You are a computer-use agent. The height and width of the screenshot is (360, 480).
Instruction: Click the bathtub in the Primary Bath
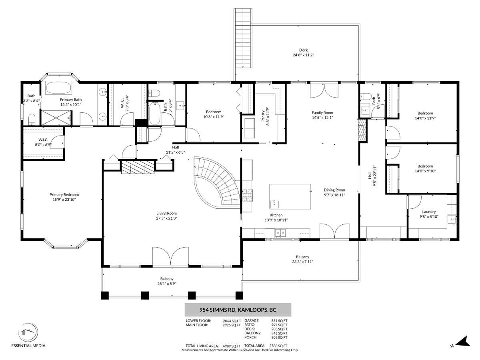(59, 88)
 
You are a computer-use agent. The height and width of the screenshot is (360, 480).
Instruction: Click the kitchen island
(290, 196)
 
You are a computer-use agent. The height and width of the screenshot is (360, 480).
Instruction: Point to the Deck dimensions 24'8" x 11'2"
(303, 55)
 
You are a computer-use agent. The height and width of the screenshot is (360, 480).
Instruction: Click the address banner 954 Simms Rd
(238, 310)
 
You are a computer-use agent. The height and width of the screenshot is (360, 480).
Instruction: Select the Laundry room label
(429, 212)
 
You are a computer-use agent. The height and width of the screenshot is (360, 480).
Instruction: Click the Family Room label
(322, 112)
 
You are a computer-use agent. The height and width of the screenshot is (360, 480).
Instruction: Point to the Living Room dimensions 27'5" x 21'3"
(166, 218)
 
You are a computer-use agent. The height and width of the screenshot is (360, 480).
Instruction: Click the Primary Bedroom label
(64, 194)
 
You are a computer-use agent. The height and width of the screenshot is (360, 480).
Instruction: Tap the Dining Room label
(334, 190)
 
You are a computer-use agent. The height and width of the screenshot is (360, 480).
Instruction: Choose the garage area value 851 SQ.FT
(279, 321)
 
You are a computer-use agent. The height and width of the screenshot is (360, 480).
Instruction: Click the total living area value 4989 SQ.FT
(232, 346)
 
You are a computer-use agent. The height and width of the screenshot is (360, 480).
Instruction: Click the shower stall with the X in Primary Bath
(56, 118)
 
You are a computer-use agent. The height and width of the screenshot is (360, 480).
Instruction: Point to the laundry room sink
(452, 219)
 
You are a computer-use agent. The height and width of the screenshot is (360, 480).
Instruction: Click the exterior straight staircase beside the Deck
(243, 38)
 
